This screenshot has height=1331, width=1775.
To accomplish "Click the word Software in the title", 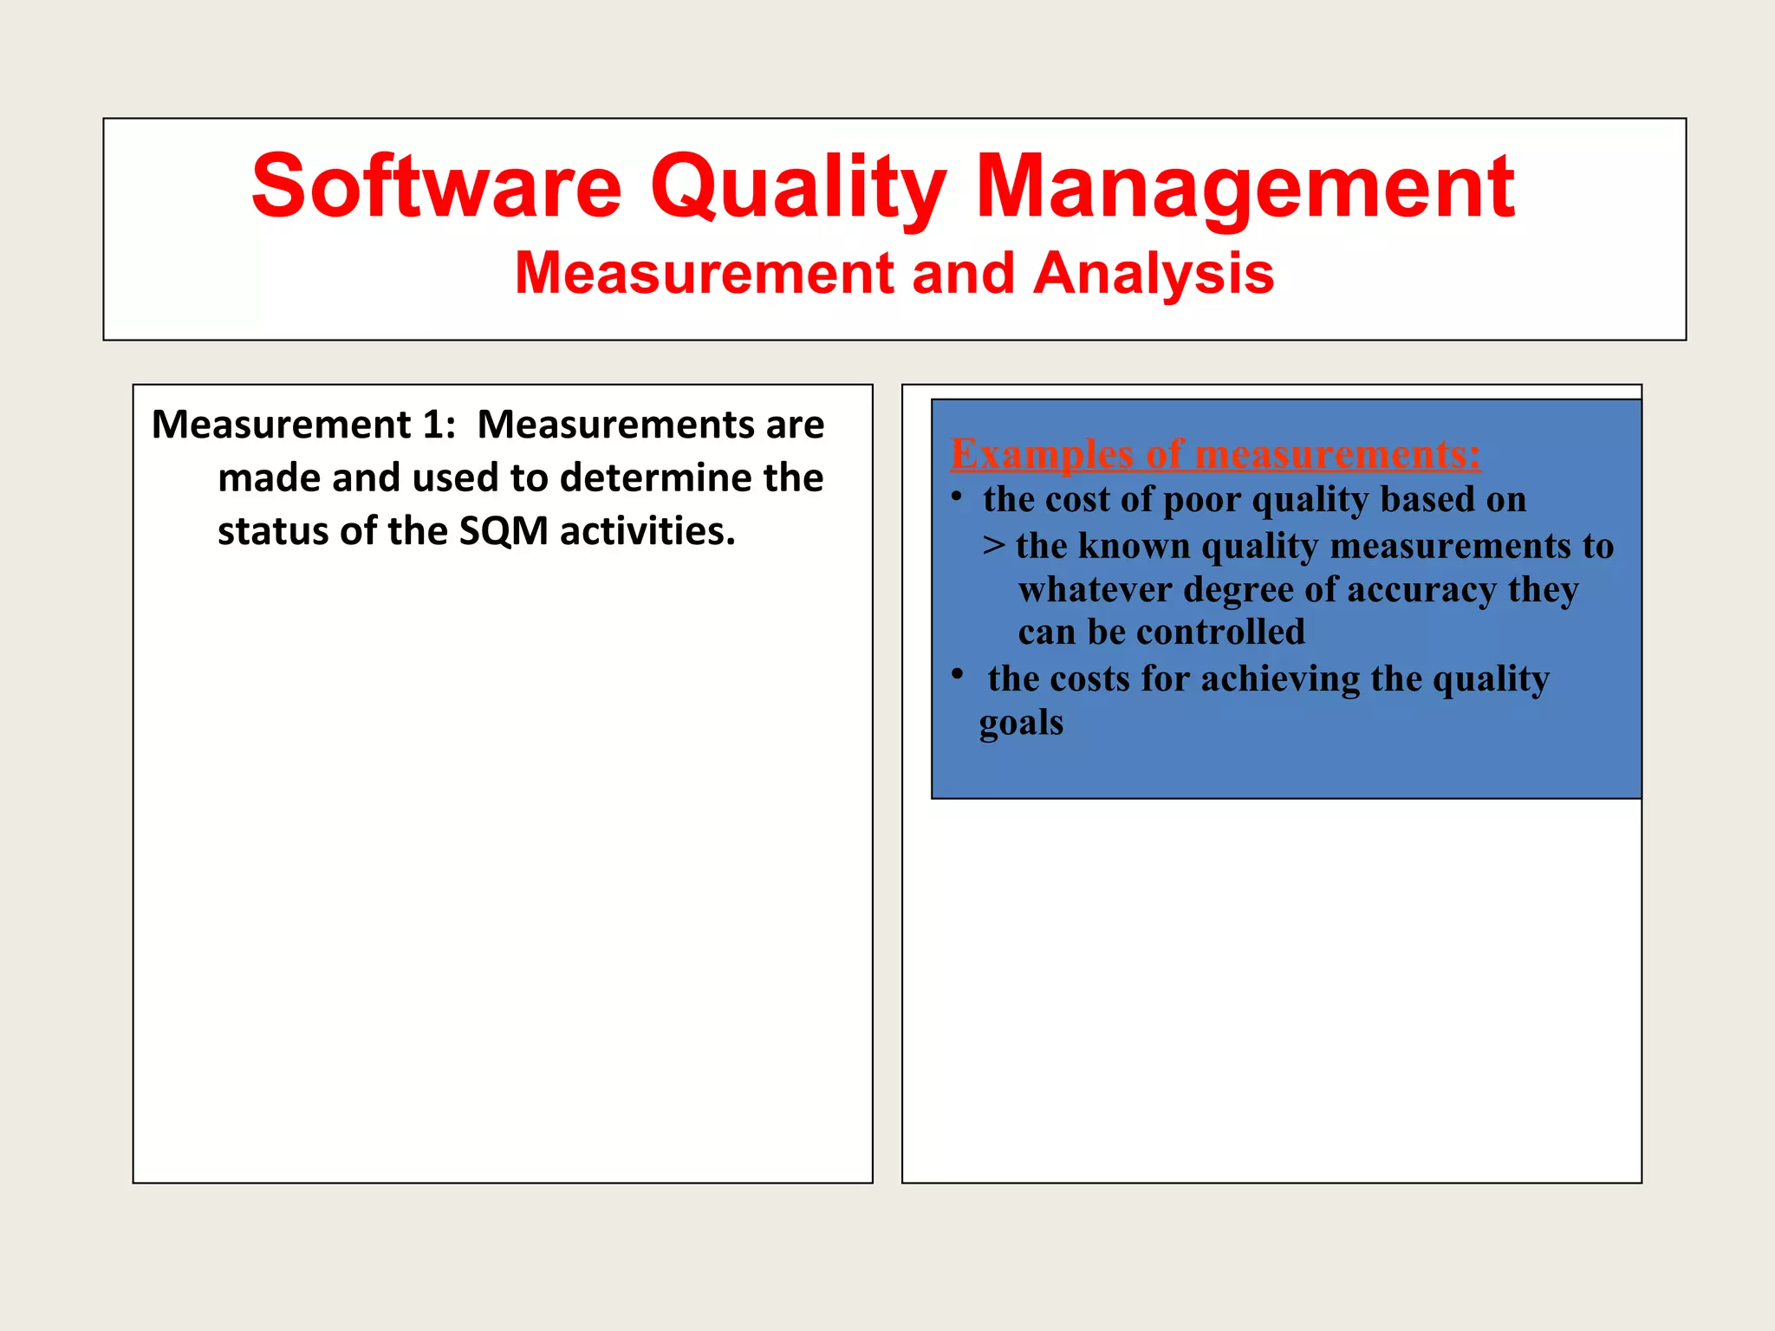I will [436, 186].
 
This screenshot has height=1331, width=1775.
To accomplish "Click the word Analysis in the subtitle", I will [1154, 273].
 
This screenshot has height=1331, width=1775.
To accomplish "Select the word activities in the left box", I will [647, 531].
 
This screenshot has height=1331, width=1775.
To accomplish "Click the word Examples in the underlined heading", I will [1042, 454].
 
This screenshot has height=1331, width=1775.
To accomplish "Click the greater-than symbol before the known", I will [994, 546].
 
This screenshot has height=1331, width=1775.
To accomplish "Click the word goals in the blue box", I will [1021, 723].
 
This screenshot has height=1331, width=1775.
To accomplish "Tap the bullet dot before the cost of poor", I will [957, 497].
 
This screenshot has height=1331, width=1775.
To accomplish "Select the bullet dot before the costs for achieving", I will [957, 673].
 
